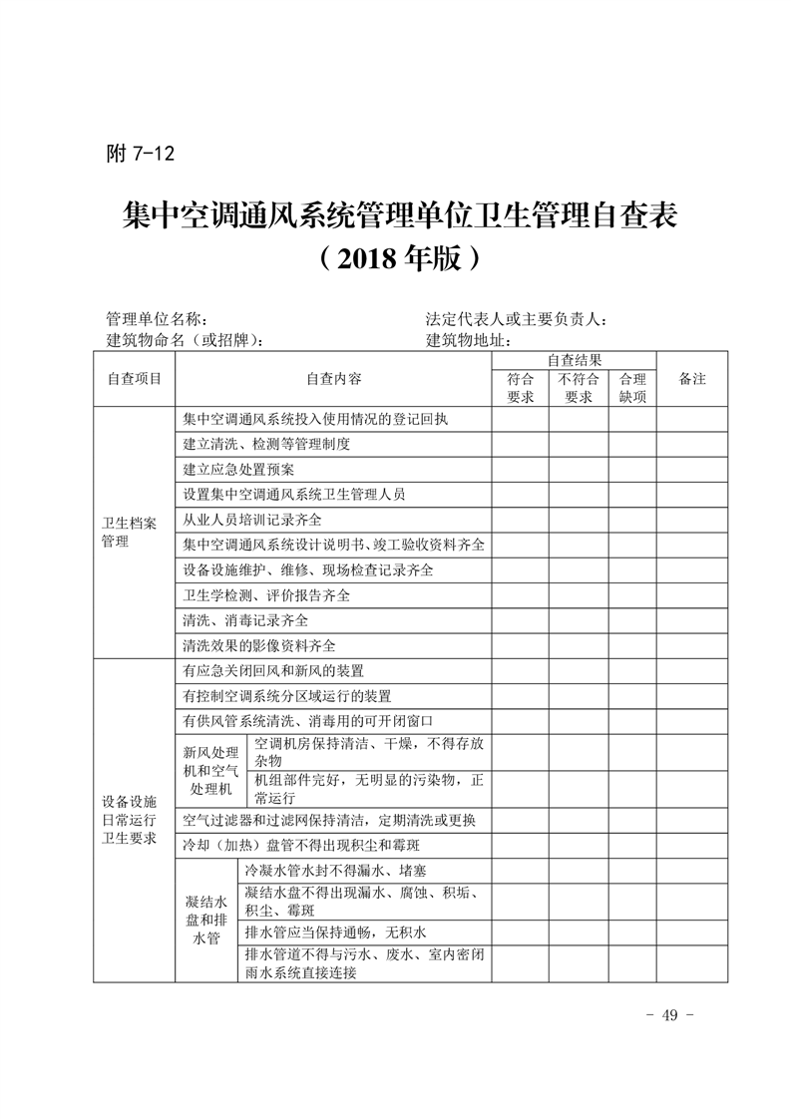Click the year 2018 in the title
pos(371,258)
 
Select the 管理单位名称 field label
pos(157,319)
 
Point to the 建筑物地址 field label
pos(468,340)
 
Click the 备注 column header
pos(691,379)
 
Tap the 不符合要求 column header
pos(579,387)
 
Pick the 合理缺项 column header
pos(632,387)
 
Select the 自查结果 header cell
pos(574,360)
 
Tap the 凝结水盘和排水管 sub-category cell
pos(206,920)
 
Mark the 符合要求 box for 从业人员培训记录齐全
pos(520,520)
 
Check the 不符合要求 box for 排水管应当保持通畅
pos(579,932)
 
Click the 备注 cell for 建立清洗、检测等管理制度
pos(691,444)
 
